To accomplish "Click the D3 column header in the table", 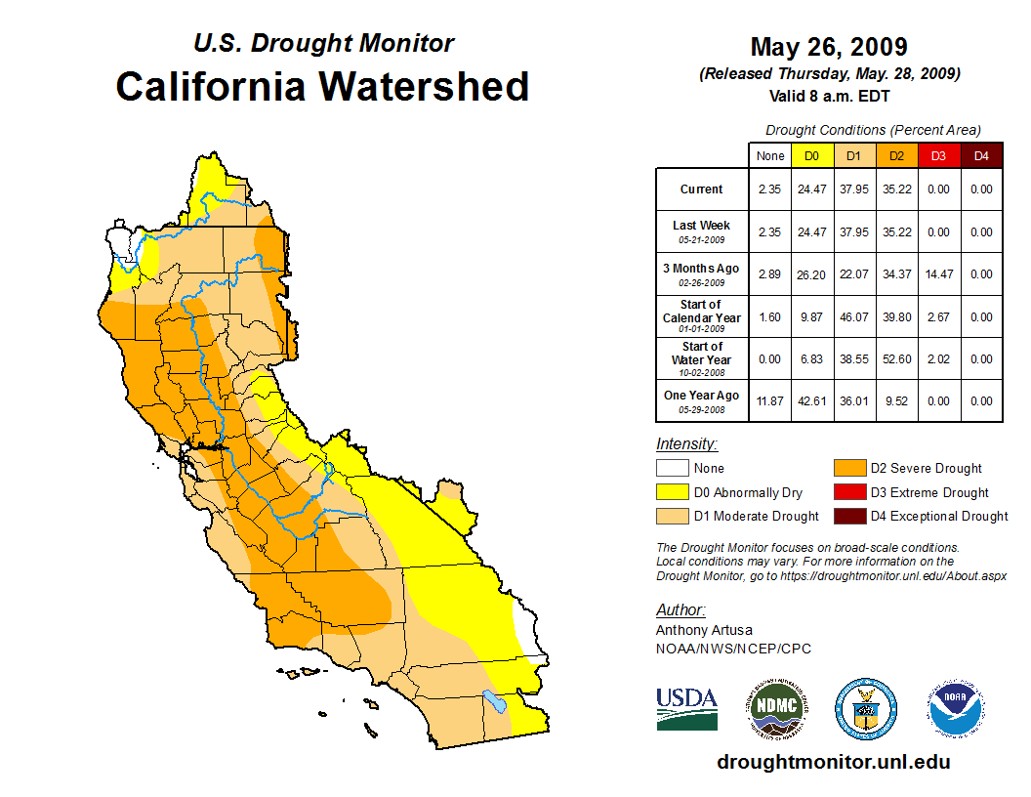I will pos(938,156).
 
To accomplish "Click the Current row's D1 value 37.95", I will pos(854,189).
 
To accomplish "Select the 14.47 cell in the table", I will pos(938,274).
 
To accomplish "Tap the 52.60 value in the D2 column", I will pos(896,359).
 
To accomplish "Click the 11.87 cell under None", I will pos(770,401).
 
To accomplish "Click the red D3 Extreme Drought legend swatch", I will pos(846,492).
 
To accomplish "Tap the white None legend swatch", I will pos(671,469).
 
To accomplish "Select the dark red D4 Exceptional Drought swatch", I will pos(846,516).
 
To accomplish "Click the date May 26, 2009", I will pos(829,47).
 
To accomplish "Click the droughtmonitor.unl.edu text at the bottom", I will pos(833,762).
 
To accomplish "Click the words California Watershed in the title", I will pos(322,86).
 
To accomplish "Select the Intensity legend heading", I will pos(686,444).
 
